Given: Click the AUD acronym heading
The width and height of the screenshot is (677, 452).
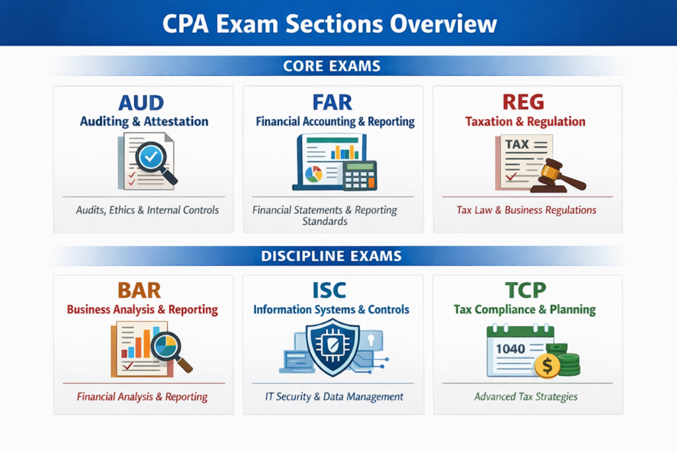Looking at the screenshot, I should tap(143, 103).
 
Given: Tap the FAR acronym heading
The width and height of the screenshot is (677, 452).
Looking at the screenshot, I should tap(333, 103).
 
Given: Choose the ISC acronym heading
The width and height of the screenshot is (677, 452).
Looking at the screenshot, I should tap(333, 291).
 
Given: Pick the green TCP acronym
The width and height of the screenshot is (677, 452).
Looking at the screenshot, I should tap(524, 291).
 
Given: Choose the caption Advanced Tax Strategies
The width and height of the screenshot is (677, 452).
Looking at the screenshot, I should tap(526, 397).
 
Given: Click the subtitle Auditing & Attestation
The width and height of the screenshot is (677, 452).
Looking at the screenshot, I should tap(144, 122).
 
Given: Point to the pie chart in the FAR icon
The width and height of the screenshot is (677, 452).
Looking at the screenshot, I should tap(313, 173).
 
